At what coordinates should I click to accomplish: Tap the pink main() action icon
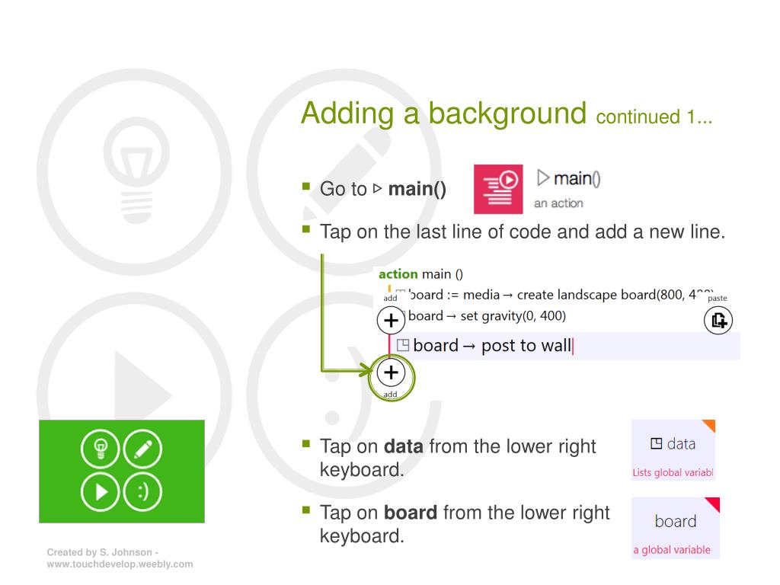pyautogui.click(x=498, y=189)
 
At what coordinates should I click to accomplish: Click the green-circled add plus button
pyautogui.click(x=391, y=372)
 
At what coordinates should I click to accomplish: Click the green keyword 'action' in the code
pyautogui.click(x=398, y=274)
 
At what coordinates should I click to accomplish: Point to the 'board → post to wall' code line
pyautogui.click(x=492, y=346)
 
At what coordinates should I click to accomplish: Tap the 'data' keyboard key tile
pyautogui.click(x=673, y=449)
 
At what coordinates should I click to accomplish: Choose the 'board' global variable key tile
pyautogui.click(x=675, y=527)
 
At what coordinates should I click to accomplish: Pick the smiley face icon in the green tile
pyautogui.click(x=142, y=490)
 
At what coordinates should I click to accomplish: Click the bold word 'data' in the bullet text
pyautogui.click(x=404, y=446)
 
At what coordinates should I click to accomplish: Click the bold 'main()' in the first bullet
pyautogui.click(x=417, y=189)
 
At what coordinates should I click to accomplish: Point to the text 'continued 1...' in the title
pyautogui.click(x=654, y=117)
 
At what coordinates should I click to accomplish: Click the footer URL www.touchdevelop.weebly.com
pyautogui.click(x=120, y=564)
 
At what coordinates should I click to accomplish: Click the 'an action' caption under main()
pyautogui.click(x=558, y=203)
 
